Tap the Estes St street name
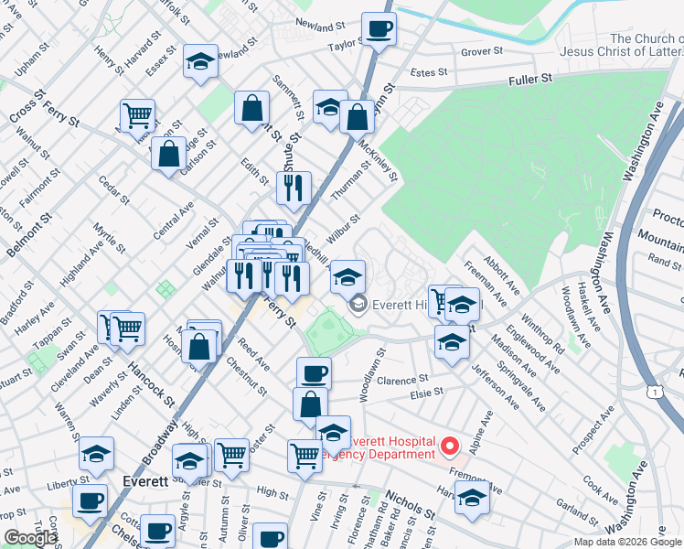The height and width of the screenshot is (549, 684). click(x=429, y=71)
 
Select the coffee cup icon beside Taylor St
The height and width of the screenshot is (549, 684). click(x=379, y=29)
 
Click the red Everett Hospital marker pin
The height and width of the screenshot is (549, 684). click(x=449, y=447)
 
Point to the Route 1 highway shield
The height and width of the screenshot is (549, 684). click(x=655, y=392)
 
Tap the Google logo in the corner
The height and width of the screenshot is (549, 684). click(x=30, y=538)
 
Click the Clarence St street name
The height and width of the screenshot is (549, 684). click(x=403, y=380)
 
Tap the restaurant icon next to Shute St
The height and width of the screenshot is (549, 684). click(x=294, y=188)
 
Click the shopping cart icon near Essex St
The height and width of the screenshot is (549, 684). click(x=137, y=116)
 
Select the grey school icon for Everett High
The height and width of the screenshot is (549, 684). click(x=358, y=304)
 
